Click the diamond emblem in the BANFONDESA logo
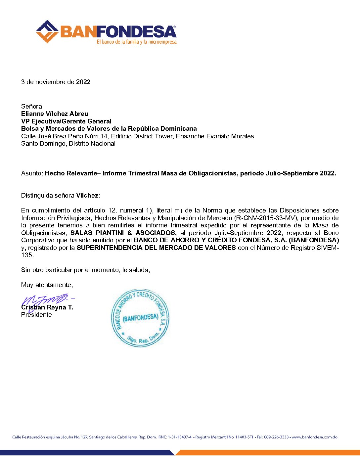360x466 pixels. tap(47, 32)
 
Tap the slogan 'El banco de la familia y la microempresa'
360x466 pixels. tap(136, 42)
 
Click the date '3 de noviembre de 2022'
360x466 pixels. tap(56, 82)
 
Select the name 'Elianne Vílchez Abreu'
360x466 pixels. tap(55, 114)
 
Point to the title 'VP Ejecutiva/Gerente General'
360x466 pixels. tap(66, 121)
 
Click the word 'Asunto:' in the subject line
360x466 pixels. tap(32, 173)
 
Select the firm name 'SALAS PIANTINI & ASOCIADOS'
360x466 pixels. tap(123, 233)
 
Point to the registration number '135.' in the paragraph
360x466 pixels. tap(27, 255)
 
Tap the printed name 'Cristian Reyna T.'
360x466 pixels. tap(47, 307)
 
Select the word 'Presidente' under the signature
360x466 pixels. tap(36, 315)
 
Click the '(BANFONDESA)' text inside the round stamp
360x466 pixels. tap(140, 318)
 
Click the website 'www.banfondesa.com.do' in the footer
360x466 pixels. tap(314, 437)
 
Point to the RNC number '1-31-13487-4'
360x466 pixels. tap(179, 437)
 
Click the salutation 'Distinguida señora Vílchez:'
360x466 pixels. tap(61, 196)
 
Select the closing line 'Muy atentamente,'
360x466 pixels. tap(47, 285)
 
